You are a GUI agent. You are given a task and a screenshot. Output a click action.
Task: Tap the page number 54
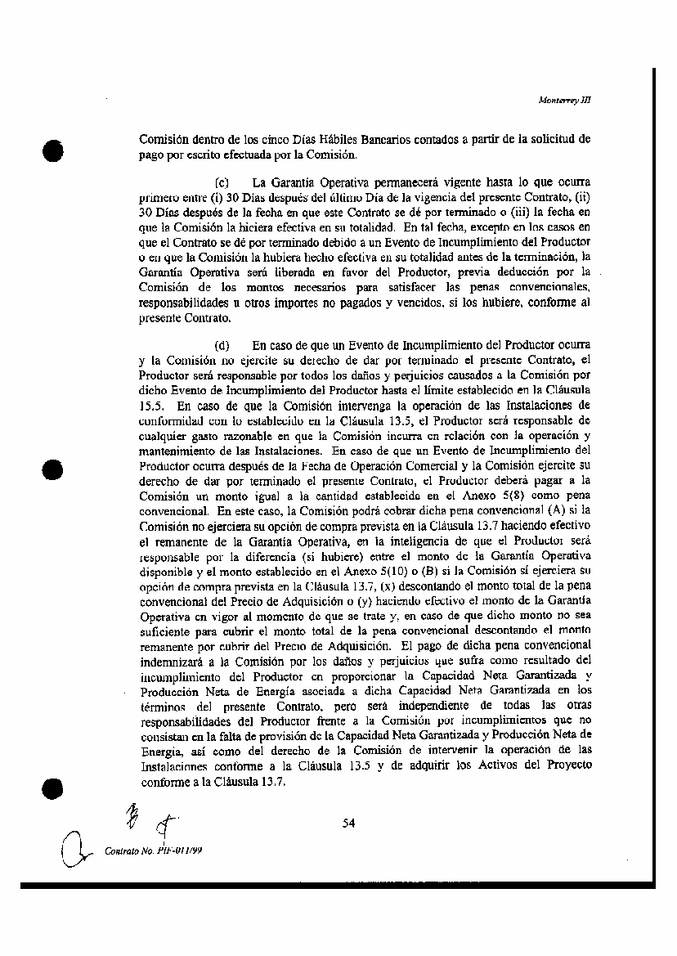(x=349, y=823)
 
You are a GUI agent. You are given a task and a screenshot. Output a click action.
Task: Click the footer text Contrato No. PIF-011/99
(x=155, y=851)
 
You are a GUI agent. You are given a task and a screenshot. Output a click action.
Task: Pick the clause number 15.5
(x=151, y=404)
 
